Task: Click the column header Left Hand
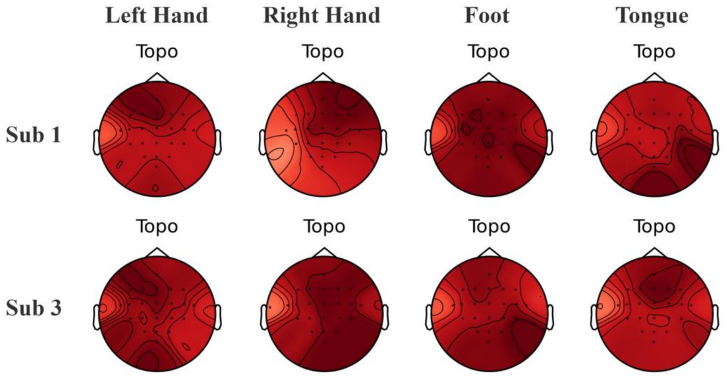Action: [156, 16]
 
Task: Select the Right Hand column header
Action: [321, 16]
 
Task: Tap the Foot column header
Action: [487, 16]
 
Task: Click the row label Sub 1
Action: [34, 136]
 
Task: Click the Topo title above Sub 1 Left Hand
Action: [156, 51]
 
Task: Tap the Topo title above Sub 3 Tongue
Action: [652, 226]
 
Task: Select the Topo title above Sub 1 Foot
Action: [488, 51]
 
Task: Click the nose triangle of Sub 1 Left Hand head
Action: [157, 77]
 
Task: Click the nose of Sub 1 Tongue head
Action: [653, 77]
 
